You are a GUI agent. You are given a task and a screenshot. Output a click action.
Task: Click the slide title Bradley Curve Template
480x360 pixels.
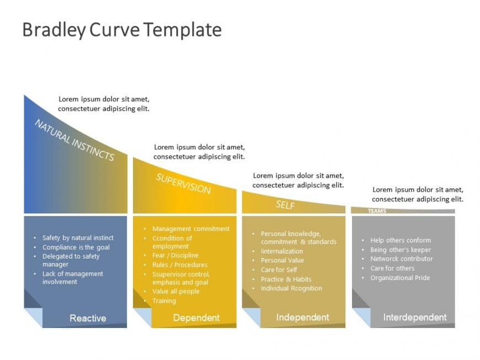click(x=122, y=29)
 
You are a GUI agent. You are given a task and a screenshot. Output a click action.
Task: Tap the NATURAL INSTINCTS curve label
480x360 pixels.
click(x=74, y=140)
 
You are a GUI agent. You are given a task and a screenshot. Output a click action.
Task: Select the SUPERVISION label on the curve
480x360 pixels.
click(x=183, y=184)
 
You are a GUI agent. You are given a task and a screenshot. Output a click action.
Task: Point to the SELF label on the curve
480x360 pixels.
click(x=285, y=205)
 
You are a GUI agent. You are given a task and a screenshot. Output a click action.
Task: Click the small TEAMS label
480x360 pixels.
click(x=377, y=211)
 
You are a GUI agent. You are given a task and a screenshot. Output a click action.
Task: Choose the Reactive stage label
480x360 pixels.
click(x=88, y=318)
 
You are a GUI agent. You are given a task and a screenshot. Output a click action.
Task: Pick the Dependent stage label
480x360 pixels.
click(x=196, y=318)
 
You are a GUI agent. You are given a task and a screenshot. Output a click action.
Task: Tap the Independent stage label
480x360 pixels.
click(x=302, y=317)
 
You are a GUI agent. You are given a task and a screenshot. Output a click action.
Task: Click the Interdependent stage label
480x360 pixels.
click(x=415, y=317)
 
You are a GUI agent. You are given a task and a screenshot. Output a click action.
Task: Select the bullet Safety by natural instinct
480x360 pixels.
click(x=78, y=238)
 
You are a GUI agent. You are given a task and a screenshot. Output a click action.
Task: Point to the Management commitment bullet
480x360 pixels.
click(x=191, y=228)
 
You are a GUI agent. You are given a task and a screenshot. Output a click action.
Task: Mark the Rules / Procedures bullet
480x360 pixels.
click(x=180, y=265)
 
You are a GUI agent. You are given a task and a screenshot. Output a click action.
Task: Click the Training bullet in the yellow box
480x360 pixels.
click(x=164, y=300)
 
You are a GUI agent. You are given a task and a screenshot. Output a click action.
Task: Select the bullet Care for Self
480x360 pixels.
click(x=279, y=270)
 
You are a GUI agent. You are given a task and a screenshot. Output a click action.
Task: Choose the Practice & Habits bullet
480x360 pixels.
click(x=286, y=279)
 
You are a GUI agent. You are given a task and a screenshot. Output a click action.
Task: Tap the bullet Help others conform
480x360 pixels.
click(x=401, y=240)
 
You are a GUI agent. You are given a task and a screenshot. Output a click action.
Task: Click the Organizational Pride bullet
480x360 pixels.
click(x=400, y=277)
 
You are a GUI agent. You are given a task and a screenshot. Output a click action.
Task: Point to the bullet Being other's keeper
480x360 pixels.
click(x=401, y=249)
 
